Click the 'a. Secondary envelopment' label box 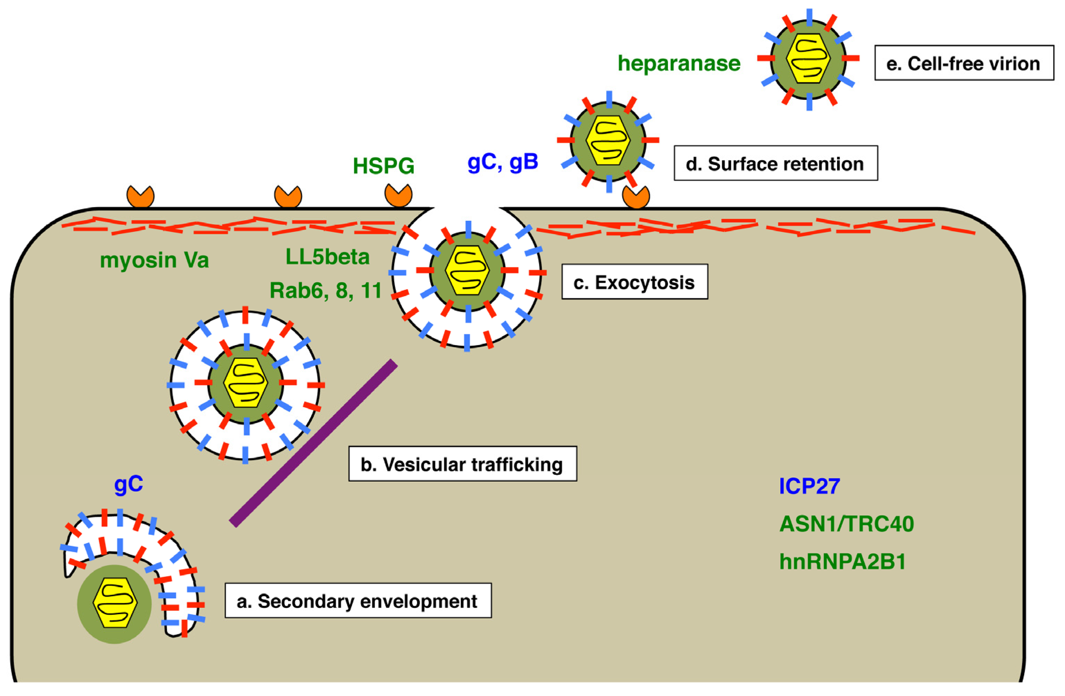pyautogui.click(x=358, y=601)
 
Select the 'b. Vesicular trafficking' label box pyautogui.click(x=462, y=464)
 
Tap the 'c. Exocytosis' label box pyautogui.click(x=635, y=282)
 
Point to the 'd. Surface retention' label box pyautogui.click(x=775, y=163)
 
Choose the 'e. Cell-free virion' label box pyautogui.click(x=964, y=63)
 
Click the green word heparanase pyautogui.click(x=679, y=63)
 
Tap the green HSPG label pyautogui.click(x=384, y=166)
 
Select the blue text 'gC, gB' pyautogui.click(x=503, y=162)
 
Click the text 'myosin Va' pyautogui.click(x=154, y=260)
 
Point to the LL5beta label pyautogui.click(x=328, y=257)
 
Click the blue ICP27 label pyautogui.click(x=809, y=487)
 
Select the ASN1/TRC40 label pyautogui.click(x=846, y=524)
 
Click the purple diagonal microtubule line pyautogui.click(x=313, y=443)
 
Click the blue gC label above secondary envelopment pyautogui.click(x=128, y=484)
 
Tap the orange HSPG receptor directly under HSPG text pyautogui.click(x=398, y=196)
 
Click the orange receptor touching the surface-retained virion pyautogui.click(x=636, y=197)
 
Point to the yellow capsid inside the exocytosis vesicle pyautogui.click(x=467, y=270)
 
